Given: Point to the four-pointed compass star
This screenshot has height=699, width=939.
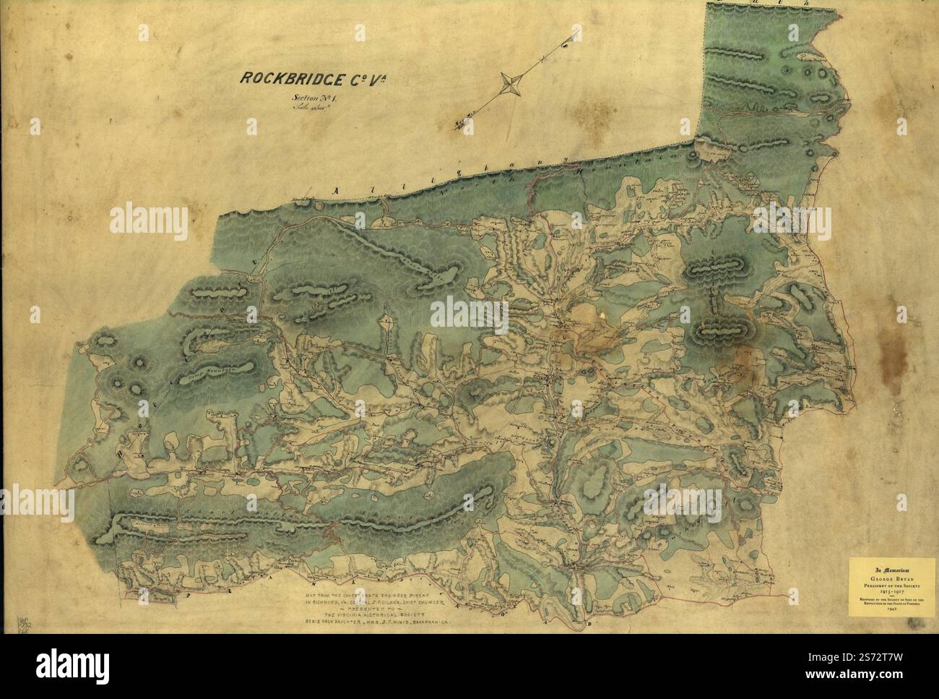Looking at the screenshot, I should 513,84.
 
